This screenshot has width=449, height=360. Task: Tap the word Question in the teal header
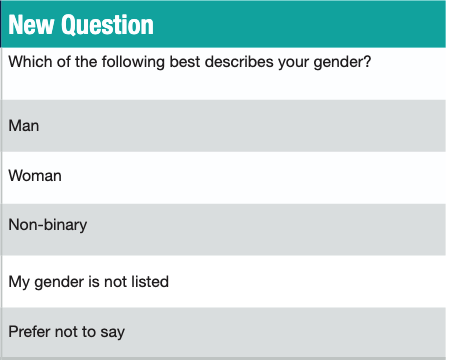coord(108,25)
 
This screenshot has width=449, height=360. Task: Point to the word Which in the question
coord(29,61)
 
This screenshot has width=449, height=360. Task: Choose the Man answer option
coord(24,126)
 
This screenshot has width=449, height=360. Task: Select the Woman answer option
coord(35,176)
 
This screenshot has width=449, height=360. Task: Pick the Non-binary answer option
coord(47,225)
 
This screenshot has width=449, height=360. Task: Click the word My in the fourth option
coord(19,282)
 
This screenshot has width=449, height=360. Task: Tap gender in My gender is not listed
coord(59,282)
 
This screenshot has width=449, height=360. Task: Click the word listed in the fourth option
coord(148,282)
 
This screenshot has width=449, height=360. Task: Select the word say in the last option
coord(112,332)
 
